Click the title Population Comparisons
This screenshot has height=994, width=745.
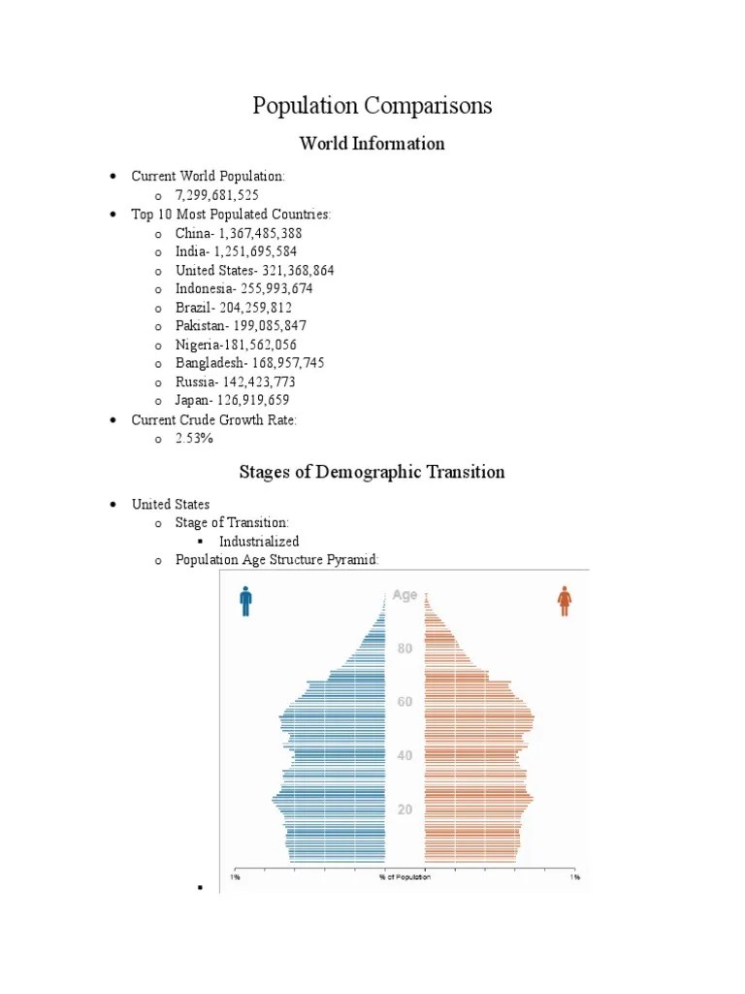pyautogui.click(x=372, y=106)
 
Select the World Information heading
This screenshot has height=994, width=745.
pyautogui.click(x=372, y=144)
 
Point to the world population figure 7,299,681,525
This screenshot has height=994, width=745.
pyautogui.click(x=217, y=195)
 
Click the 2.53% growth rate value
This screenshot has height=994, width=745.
pyautogui.click(x=194, y=438)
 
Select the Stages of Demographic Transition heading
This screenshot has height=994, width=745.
pyautogui.click(x=372, y=473)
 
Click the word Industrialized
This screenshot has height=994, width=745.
pyautogui.click(x=259, y=541)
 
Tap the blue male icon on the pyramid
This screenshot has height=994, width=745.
pyautogui.click(x=245, y=602)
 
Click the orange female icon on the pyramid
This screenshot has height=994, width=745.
pyautogui.click(x=564, y=602)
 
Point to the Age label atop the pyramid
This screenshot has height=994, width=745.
pyautogui.click(x=405, y=595)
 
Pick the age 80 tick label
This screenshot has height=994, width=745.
pyautogui.click(x=405, y=648)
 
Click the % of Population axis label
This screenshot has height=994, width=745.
pyautogui.click(x=405, y=877)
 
